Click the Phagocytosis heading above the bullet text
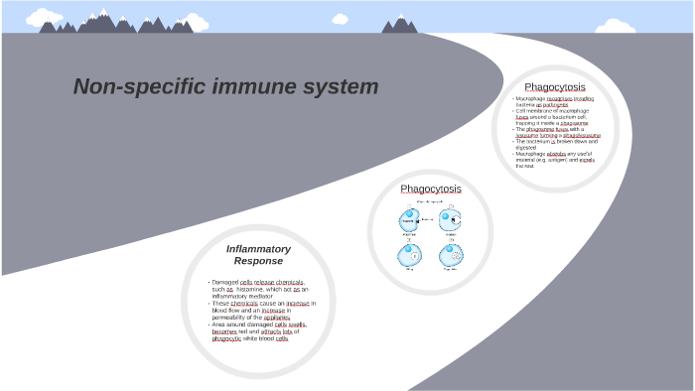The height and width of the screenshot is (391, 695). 555,86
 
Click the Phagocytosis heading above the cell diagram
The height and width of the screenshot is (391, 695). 431,189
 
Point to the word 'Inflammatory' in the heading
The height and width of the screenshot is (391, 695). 258,248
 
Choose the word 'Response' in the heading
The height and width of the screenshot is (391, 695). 258,261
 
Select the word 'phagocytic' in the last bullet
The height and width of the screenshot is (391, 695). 226,337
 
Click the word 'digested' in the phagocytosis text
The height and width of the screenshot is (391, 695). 526,147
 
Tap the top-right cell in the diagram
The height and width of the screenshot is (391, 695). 451,218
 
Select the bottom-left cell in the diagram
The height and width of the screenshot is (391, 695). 409,254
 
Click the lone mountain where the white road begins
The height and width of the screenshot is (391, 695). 400,24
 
